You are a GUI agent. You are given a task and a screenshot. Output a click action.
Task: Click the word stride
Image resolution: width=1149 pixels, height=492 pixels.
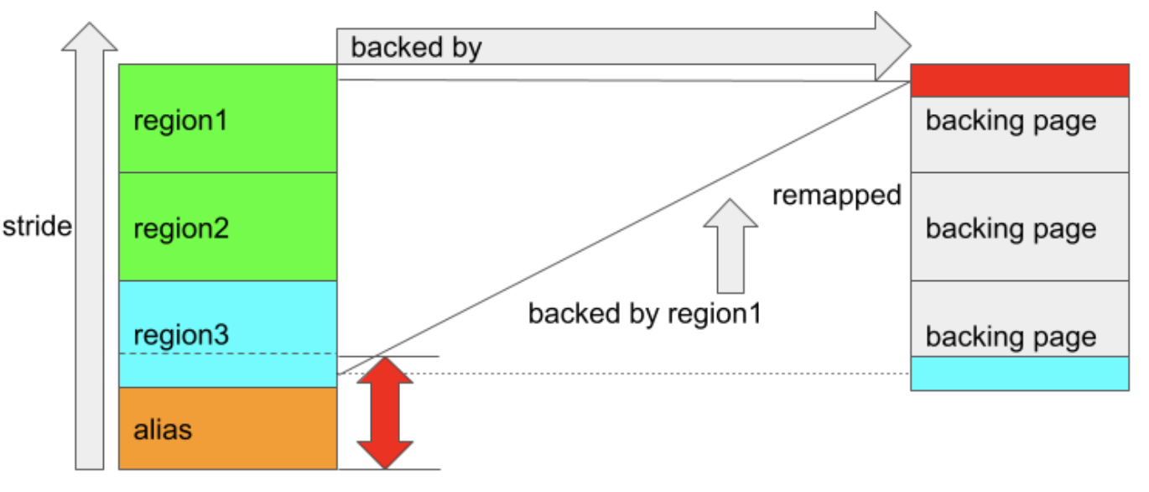coord(37,227)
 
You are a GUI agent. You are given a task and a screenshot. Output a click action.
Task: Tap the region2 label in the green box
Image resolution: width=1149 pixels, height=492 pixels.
coord(181,228)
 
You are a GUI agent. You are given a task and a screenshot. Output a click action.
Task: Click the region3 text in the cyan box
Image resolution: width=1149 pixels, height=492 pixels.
coord(181,335)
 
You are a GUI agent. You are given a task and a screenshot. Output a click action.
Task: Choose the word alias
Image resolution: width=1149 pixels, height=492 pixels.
coord(163,430)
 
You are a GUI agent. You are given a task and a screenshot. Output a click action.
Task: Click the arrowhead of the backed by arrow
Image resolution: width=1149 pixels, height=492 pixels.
coord(891,45)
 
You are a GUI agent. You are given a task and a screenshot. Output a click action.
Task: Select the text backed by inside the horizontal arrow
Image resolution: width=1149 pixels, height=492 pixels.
coord(416,48)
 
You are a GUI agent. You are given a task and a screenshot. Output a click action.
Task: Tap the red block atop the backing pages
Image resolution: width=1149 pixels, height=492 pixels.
coord(1019,81)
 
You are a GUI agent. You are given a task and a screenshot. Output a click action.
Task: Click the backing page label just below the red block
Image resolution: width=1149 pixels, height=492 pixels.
coord(1011,122)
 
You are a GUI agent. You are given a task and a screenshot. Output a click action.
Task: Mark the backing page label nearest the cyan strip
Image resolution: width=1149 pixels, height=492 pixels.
coord(1011,337)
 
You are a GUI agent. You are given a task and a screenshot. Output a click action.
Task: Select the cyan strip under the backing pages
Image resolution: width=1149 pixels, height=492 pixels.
coord(1019,374)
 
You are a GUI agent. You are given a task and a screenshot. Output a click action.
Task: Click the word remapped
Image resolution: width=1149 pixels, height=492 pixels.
coord(836,196)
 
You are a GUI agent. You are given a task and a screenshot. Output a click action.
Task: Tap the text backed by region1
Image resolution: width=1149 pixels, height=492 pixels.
coord(644,314)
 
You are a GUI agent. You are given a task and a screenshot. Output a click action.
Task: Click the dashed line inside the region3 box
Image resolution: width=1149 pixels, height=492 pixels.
coord(226,354)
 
